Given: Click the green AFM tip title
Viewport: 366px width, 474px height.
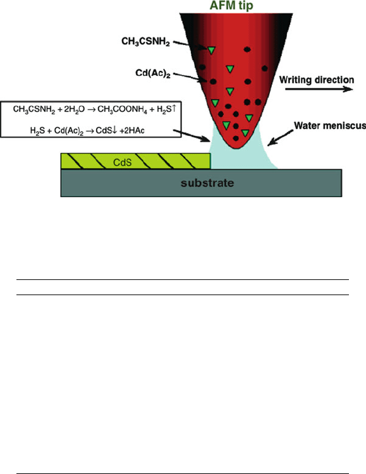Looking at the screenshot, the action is (231, 6).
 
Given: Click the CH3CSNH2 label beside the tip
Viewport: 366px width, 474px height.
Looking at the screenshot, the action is (145, 42).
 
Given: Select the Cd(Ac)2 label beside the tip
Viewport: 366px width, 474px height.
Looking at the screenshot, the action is (153, 73).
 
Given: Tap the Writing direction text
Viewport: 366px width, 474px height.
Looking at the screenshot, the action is (317, 80).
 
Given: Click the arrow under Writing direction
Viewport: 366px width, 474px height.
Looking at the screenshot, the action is (319, 89).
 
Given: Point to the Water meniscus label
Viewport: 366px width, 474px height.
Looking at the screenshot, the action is (330, 126).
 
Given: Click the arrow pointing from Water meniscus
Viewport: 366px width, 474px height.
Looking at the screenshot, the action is (281, 138).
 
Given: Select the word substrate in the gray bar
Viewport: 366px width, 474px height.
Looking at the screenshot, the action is (207, 183).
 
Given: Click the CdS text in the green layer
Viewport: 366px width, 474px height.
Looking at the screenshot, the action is (122, 162).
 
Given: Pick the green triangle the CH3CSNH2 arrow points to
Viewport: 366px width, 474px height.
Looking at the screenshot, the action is (211, 50).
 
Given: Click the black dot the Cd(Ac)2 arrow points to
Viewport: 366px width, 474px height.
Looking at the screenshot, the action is (213, 82).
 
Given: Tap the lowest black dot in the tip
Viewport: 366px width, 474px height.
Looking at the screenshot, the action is (236, 138).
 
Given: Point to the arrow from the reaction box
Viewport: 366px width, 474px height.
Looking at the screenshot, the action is (192, 136).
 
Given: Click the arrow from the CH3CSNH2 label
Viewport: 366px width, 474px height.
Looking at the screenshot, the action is (190, 46).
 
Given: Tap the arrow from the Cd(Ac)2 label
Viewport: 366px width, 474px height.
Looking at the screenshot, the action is (190, 77).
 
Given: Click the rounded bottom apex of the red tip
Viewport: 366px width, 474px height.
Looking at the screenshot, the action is (238, 148).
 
